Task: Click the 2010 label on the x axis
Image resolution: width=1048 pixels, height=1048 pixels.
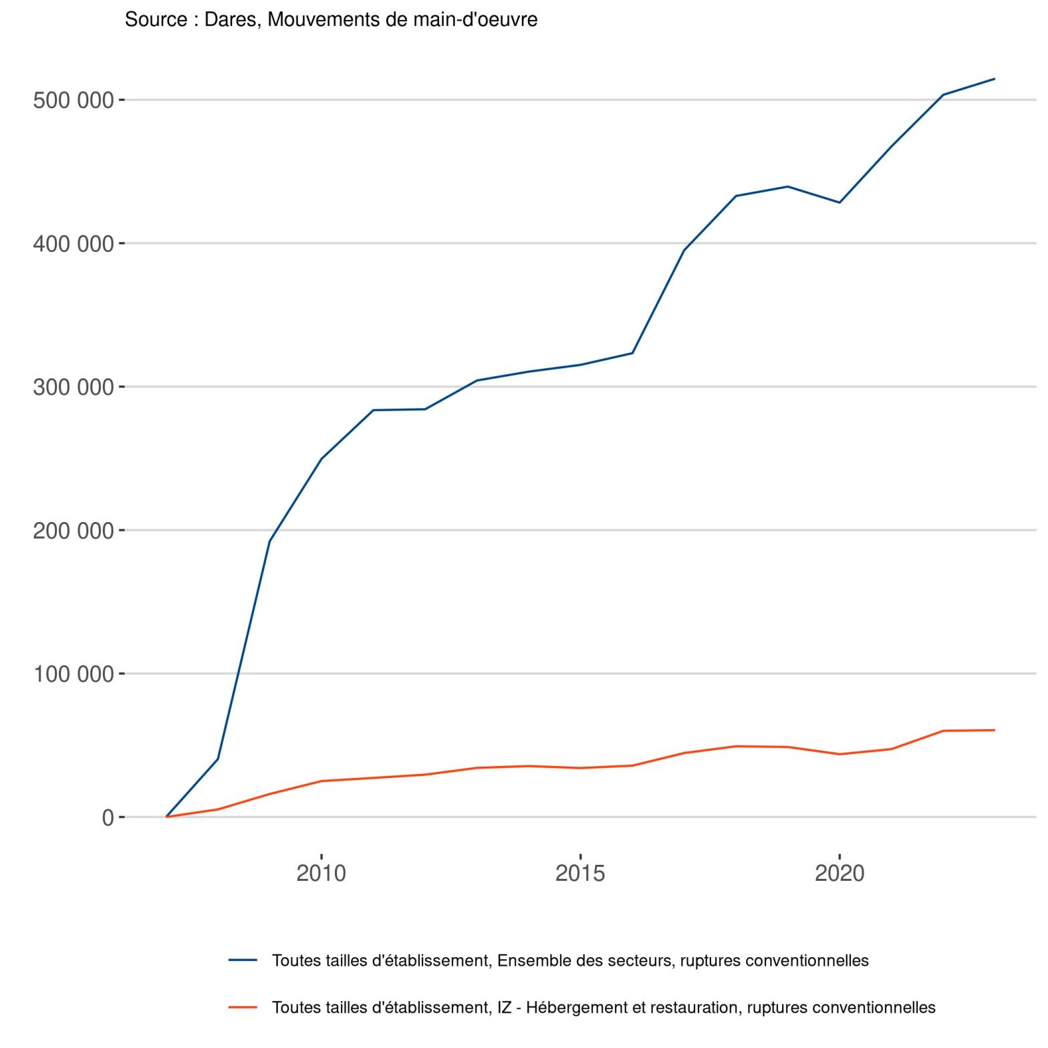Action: point(321,873)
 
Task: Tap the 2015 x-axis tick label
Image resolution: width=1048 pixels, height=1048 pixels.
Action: point(580,873)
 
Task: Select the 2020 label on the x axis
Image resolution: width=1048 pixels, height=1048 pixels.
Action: point(839,873)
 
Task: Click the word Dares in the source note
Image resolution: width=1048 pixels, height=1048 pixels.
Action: point(232,20)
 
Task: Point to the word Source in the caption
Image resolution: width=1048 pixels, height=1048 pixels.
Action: point(156,20)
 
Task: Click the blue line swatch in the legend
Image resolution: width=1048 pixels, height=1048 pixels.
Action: point(243,960)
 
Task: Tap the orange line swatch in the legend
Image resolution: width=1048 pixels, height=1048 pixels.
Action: point(243,1007)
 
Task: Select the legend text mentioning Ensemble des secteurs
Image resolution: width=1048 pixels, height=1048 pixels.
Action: point(570,960)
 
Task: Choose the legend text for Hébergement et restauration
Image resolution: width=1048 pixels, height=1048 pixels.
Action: point(604,1007)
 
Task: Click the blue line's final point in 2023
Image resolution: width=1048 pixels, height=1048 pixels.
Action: point(995,79)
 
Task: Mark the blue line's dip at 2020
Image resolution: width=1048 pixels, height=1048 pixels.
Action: point(839,203)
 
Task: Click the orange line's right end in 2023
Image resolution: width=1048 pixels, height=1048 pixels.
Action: point(995,730)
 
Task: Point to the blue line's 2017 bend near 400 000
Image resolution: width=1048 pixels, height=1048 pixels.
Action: point(684,250)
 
